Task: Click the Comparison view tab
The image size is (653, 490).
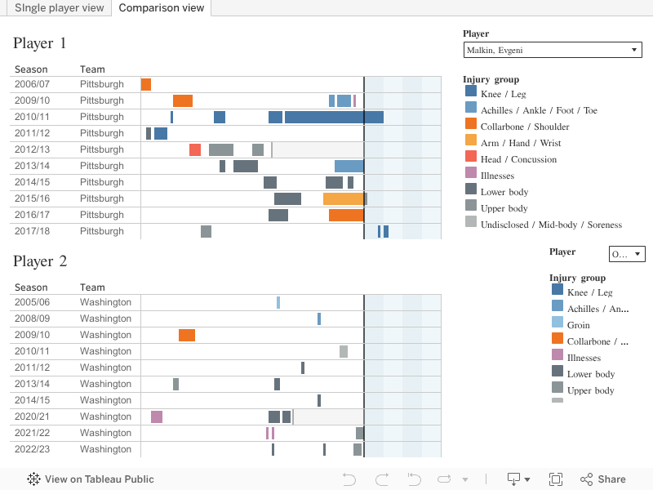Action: tap(161, 8)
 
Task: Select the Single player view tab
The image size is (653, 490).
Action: tap(60, 8)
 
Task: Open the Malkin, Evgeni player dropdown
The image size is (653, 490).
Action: tap(553, 51)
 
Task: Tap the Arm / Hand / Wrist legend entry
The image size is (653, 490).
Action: tap(521, 143)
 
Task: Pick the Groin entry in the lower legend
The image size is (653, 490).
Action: tap(578, 325)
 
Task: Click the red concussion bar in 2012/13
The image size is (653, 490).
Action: tap(195, 149)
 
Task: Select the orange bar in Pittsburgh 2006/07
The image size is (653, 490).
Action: tap(146, 84)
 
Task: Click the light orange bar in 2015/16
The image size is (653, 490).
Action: tap(344, 198)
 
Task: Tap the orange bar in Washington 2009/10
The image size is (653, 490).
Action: tap(187, 335)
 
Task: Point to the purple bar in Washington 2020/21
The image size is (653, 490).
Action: tap(157, 416)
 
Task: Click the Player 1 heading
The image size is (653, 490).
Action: tap(40, 43)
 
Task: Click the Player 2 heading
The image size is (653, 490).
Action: tap(40, 261)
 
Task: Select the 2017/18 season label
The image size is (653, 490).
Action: tap(32, 231)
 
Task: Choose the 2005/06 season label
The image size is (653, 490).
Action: tap(32, 302)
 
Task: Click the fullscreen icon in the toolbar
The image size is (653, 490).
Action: tap(556, 479)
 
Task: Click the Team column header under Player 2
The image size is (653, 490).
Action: tap(92, 287)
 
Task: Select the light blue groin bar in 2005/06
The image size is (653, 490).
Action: tap(278, 302)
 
